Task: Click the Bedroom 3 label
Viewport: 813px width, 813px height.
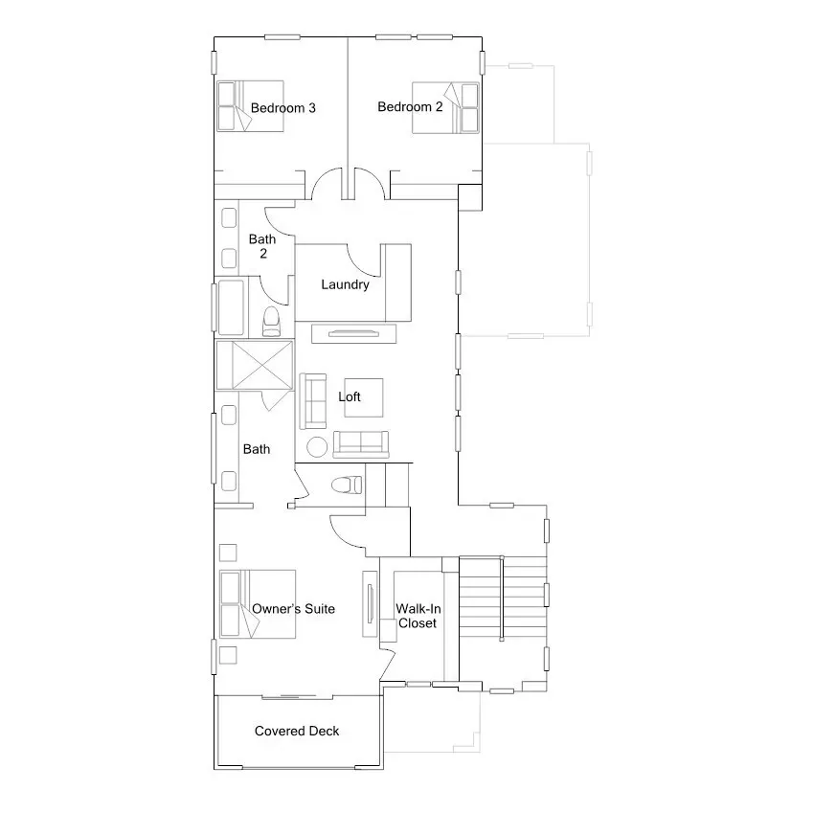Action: [x=282, y=108]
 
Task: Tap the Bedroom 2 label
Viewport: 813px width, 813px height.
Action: [x=410, y=107]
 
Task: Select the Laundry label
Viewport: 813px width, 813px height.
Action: [x=345, y=284]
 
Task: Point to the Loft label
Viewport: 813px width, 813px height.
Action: [x=350, y=396]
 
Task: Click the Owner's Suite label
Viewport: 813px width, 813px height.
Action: [x=293, y=608]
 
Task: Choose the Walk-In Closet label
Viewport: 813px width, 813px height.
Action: [x=418, y=616]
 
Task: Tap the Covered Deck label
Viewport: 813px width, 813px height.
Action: [x=297, y=731]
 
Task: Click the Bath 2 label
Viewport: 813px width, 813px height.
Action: [x=262, y=246]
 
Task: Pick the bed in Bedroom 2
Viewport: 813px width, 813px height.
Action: [x=446, y=106]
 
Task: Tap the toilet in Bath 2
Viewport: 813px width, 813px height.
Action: [x=271, y=322]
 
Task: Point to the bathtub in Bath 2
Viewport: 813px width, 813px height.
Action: [x=231, y=306]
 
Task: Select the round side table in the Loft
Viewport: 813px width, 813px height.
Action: [x=316, y=447]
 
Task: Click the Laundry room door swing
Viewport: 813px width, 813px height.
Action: [x=364, y=257]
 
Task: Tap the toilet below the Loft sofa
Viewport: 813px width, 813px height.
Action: [x=344, y=486]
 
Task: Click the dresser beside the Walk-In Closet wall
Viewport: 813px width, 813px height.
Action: [x=370, y=603]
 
